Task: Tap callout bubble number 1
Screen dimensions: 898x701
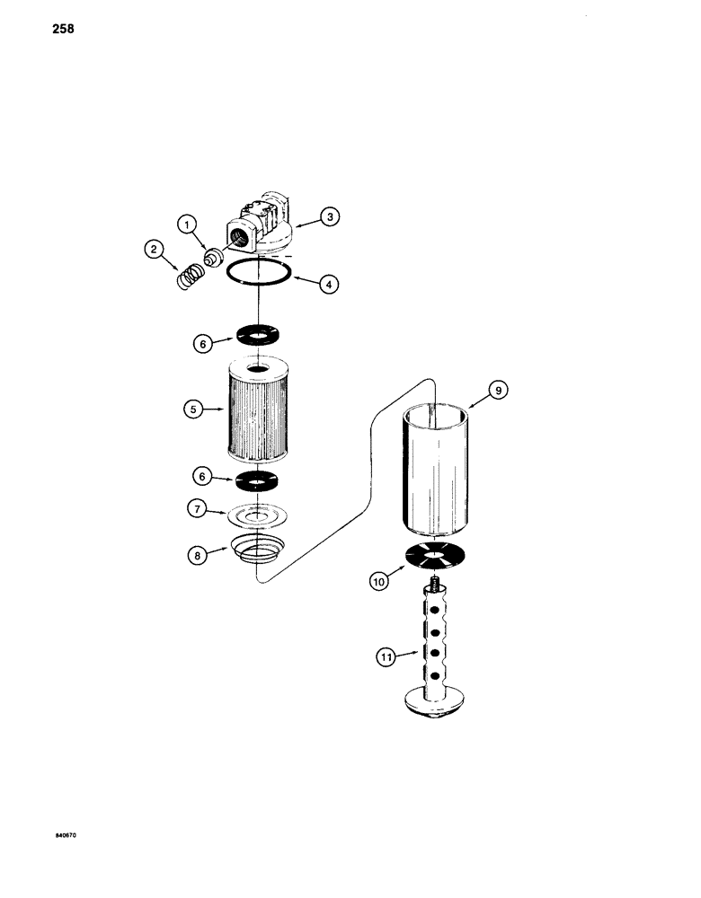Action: point(185,224)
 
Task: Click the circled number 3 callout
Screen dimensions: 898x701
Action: point(331,216)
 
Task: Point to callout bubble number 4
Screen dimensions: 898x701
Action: point(330,284)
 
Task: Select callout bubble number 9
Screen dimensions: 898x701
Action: point(496,390)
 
